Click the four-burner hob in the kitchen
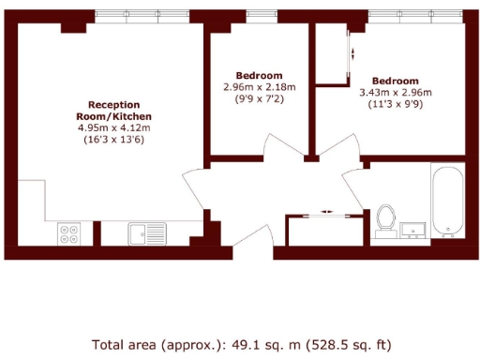tap(69, 232)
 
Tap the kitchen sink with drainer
tap(147, 232)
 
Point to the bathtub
tap(447, 201)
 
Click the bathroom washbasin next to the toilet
tap(413, 229)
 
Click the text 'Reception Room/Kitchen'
tap(114, 110)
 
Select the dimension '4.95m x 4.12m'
tap(114, 127)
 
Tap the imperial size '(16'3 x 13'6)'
tap(114, 139)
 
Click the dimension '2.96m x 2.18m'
tap(259, 87)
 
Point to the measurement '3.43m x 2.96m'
tap(395, 93)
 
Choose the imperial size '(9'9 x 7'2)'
tap(259, 98)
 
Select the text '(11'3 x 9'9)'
tap(395, 104)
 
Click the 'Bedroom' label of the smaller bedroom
tap(259, 76)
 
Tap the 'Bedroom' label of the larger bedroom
tap(395, 82)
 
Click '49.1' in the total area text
tap(236, 344)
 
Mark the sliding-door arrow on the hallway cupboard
tap(325, 212)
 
